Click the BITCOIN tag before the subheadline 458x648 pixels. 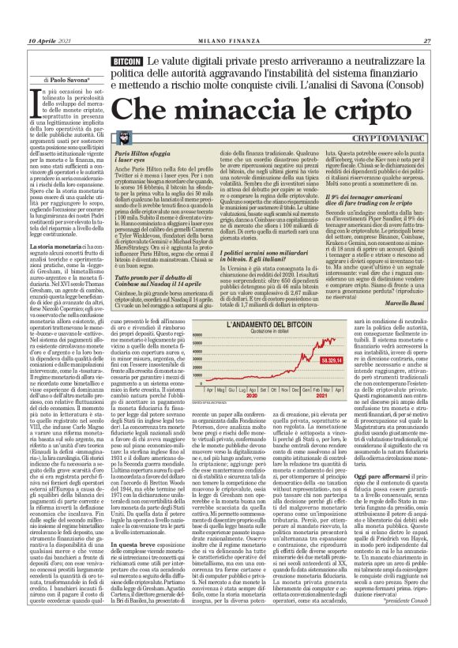pos(127,60)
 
